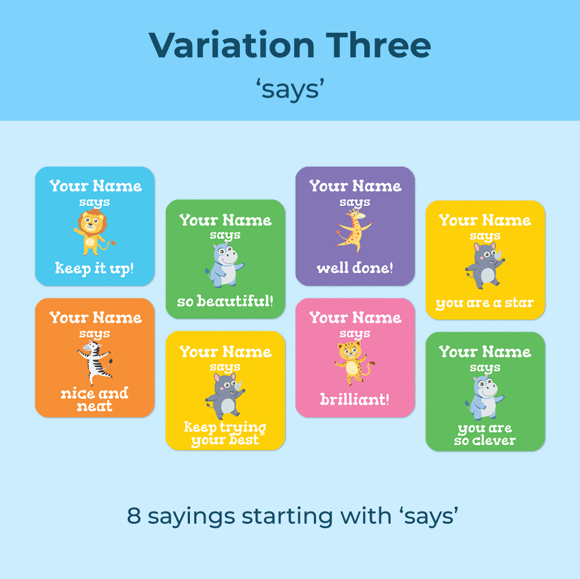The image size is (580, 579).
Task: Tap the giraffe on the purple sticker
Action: (354, 231)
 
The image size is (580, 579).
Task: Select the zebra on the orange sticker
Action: (94, 363)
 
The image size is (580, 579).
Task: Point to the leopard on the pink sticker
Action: (354, 363)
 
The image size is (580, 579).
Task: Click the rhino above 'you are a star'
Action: (485, 266)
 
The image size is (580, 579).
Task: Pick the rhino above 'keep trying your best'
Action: (225, 396)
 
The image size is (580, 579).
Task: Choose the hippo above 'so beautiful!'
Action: (225, 265)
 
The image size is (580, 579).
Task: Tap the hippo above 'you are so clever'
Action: (484, 397)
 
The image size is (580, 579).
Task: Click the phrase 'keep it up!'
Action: (94, 269)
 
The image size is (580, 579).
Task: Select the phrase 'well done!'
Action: (355, 268)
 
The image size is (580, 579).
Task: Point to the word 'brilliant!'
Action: (355, 399)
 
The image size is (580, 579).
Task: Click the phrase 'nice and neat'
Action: (94, 399)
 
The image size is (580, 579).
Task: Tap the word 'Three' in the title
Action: (378, 45)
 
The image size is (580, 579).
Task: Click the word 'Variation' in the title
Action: (232, 45)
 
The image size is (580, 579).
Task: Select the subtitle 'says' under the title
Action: (290, 89)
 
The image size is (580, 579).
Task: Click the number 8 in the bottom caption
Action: (134, 516)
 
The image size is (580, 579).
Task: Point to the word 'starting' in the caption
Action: (288, 517)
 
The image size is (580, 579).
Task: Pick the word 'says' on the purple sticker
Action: (355, 202)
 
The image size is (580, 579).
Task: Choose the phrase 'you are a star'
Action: (484, 303)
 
